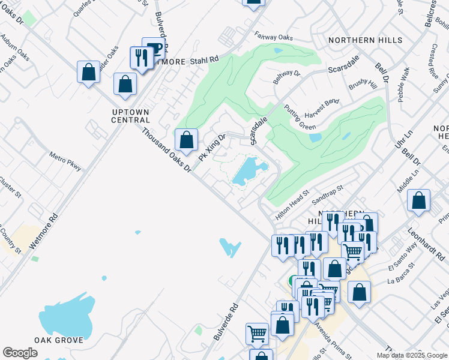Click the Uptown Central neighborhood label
click(130, 116)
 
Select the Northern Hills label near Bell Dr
click(365, 40)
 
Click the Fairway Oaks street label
click(273, 37)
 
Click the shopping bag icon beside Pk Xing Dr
click(187, 140)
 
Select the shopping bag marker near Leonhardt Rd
click(418, 200)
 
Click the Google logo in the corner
click(20, 353)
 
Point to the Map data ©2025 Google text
click(412, 355)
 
